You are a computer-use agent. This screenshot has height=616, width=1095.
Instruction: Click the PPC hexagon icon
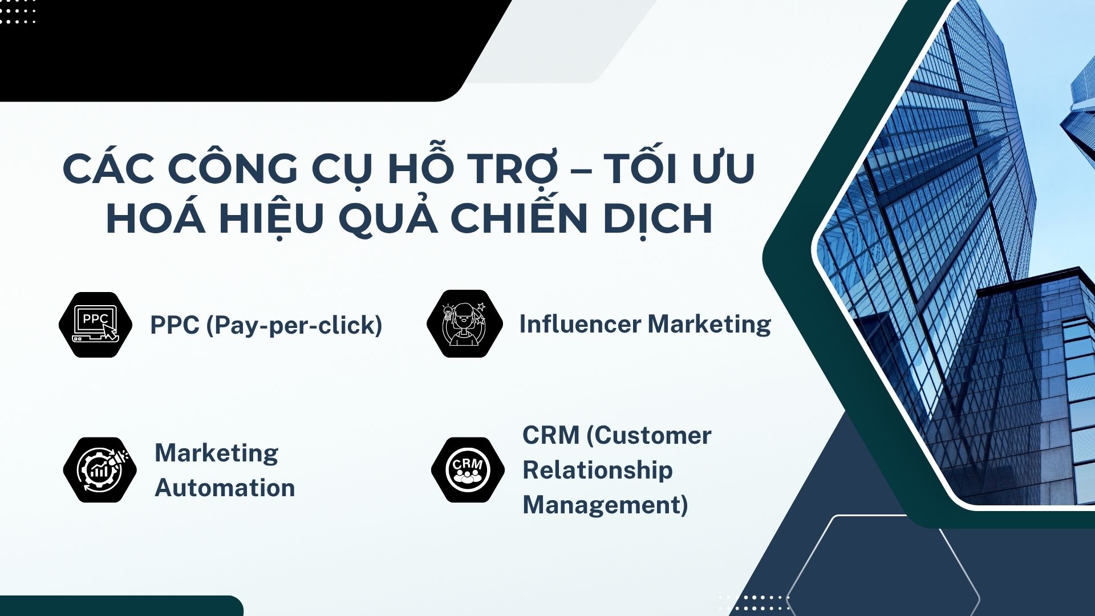pos(96,325)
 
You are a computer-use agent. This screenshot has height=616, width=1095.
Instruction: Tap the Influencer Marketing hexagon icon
pos(465,324)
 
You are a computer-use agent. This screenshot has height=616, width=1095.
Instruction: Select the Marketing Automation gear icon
pos(100,470)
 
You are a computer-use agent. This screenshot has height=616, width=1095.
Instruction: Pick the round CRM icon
pos(468,470)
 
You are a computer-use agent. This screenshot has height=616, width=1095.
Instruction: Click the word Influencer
pos(580,324)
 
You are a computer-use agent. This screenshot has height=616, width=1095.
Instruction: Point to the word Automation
pos(225,488)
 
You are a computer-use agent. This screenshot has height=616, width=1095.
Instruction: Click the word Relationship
pos(598,471)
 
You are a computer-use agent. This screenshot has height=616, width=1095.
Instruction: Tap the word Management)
pos(605,505)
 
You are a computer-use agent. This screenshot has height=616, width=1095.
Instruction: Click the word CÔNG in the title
pos(232,169)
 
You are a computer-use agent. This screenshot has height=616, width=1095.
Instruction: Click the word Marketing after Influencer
pos(709,325)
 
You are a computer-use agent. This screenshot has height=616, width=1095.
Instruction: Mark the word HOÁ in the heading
pos(155,218)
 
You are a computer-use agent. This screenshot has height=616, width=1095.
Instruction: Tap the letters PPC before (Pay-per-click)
pos(175,325)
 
